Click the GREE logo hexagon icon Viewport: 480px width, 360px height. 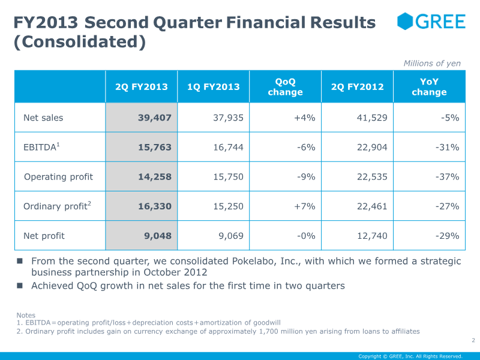click(x=406, y=22)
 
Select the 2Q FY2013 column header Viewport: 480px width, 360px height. click(x=142, y=87)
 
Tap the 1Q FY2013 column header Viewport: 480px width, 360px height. click(x=214, y=87)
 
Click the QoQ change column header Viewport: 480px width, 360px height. click(x=285, y=87)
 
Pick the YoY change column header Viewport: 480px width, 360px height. click(x=429, y=87)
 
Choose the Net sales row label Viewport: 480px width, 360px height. click(x=43, y=118)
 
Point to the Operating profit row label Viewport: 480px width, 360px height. click(x=59, y=176)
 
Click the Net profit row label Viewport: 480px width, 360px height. click(x=44, y=236)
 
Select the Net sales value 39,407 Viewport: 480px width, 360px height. click(x=155, y=118)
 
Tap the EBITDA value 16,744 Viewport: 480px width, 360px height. click(x=229, y=147)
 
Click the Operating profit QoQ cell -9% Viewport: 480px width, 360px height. click(x=306, y=176)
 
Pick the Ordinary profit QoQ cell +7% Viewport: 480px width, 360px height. click(x=305, y=206)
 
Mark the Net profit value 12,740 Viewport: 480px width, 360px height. click(x=372, y=236)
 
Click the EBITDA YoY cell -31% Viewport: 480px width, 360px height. click(x=447, y=147)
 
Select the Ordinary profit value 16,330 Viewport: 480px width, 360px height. click(x=155, y=206)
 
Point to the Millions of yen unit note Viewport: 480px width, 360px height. click(x=432, y=64)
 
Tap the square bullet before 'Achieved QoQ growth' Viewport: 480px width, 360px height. click(x=20, y=286)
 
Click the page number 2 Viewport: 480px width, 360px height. click(x=473, y=341)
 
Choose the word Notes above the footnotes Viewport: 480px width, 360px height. click(x=26, y=315)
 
